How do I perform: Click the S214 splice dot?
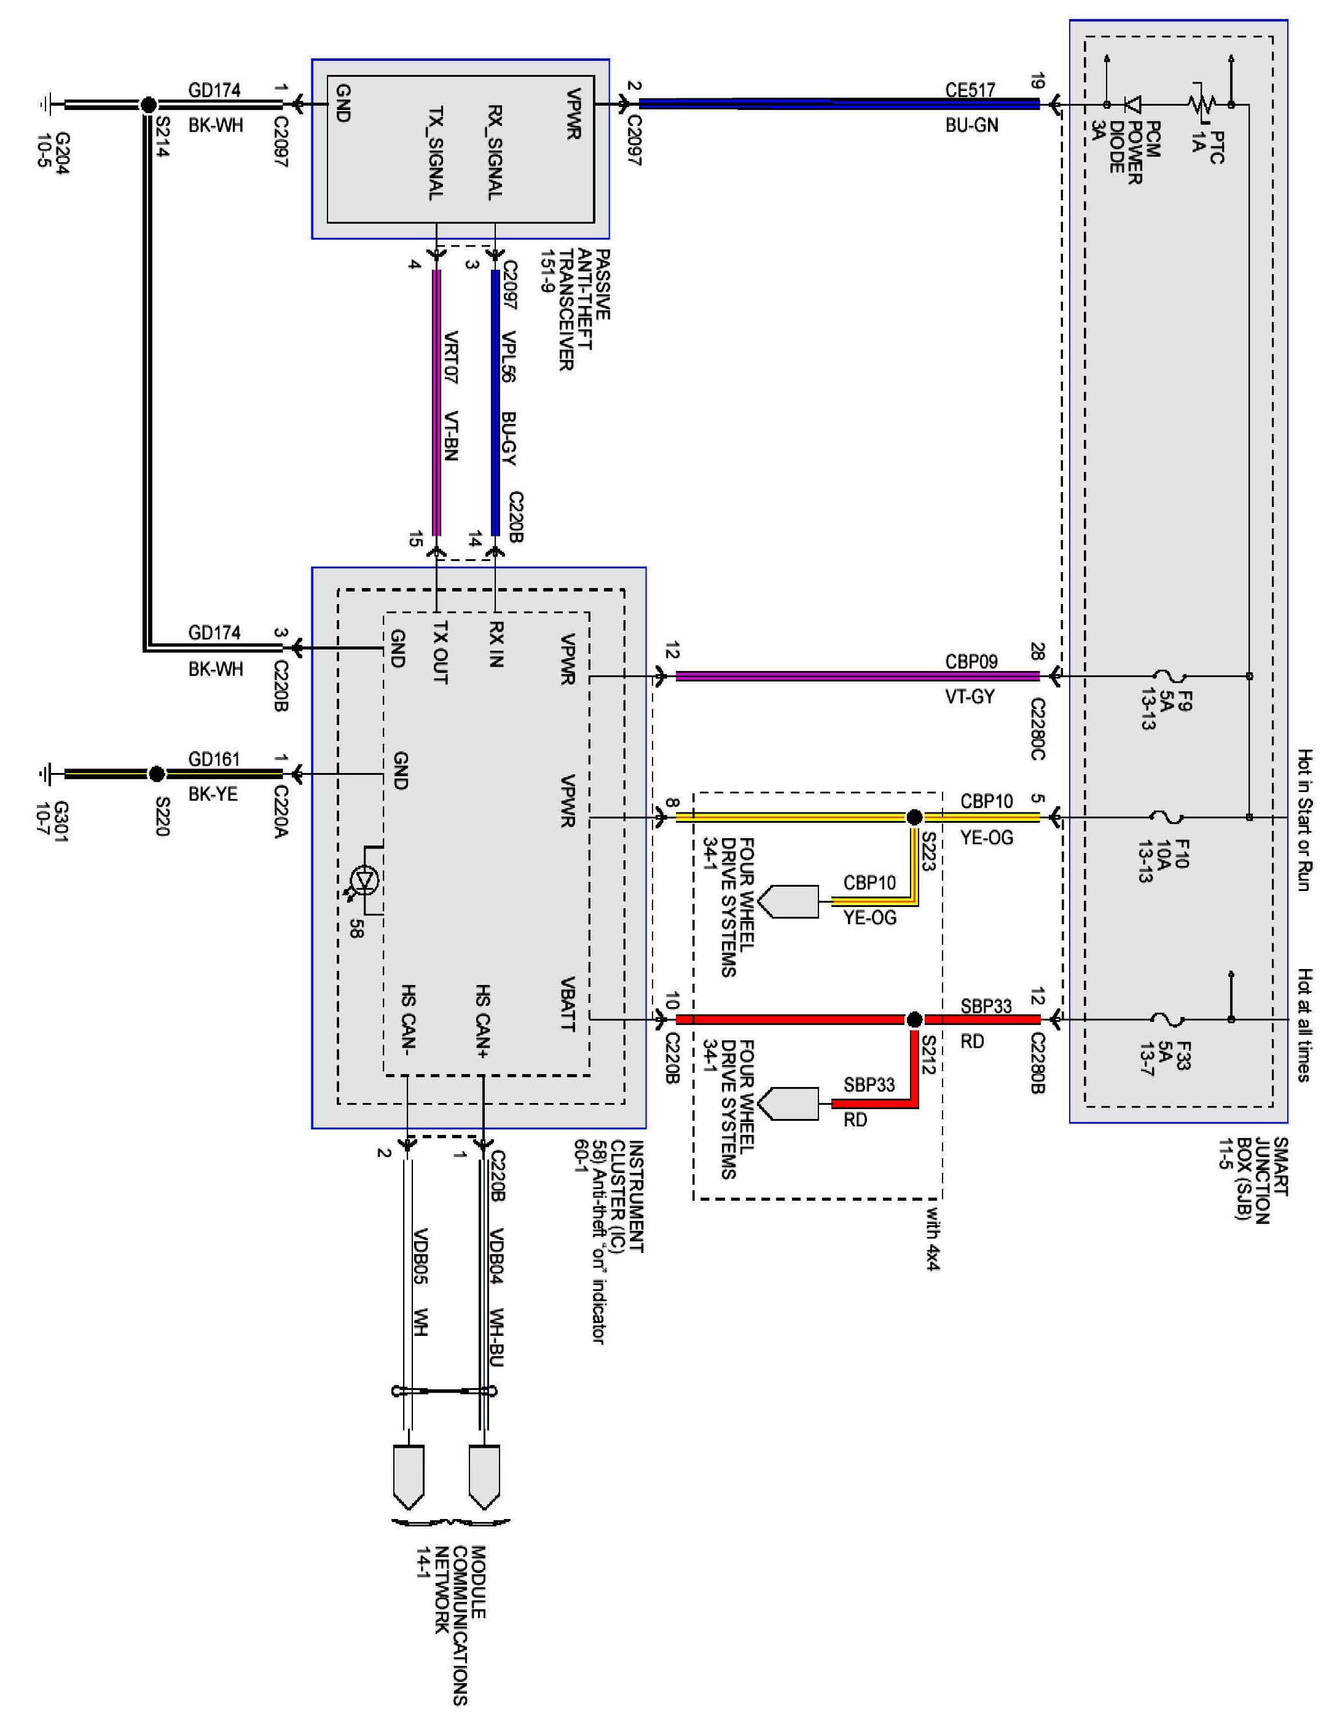[147, 103]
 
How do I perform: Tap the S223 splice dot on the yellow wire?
[914, 817]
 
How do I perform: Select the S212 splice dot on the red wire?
[914, 1019]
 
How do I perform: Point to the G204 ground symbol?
[45, 103]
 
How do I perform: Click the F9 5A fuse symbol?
[1167, 676]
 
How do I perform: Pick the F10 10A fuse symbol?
[1167, 817]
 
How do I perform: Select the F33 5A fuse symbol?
[1167, 1019]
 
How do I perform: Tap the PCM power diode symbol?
[1134, 103]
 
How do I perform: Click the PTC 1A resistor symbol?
[1201, 103]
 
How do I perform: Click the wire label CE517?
[970, 90]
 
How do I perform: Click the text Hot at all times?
[1304, 1025]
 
